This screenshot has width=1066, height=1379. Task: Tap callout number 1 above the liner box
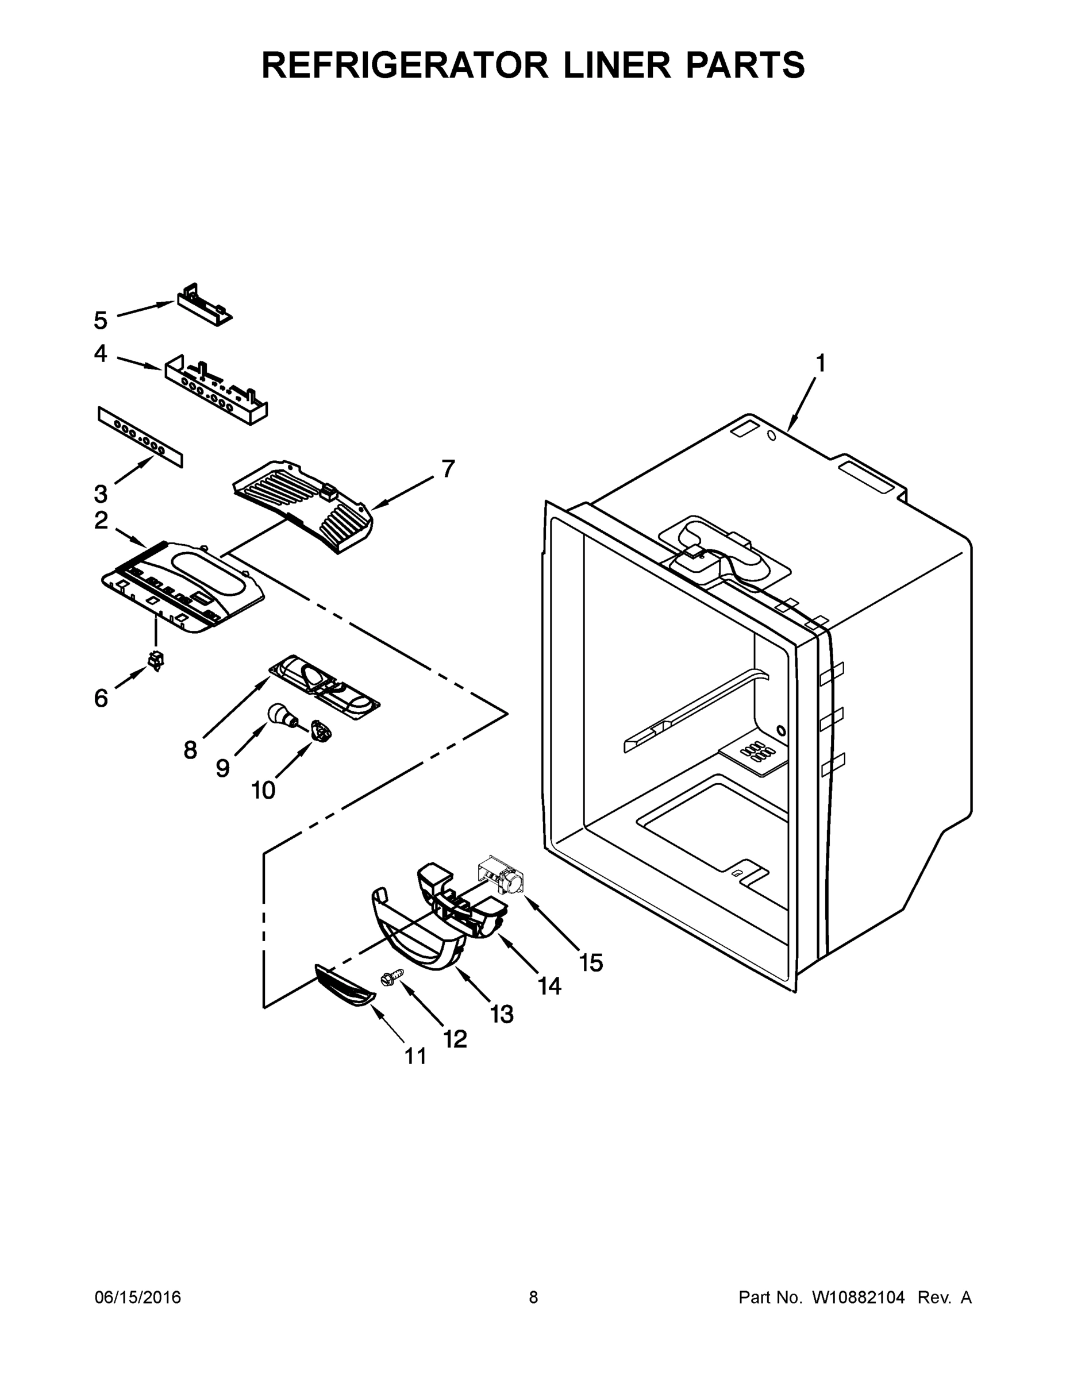[x=819, y=364]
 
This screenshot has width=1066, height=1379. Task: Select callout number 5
[x=101, y=321]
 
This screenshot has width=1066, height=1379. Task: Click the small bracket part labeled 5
[x=203, y=305]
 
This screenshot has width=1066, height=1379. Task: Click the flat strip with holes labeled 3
[x=140, y=437]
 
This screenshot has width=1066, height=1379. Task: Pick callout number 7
[x=448, y=469]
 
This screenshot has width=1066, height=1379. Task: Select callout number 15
[x=591, y=963]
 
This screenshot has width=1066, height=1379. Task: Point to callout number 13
[x=502, y=1014]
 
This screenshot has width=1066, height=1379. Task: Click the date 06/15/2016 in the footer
[x=138, y=1297]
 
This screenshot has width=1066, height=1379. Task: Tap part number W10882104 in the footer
[x=857, y=1297]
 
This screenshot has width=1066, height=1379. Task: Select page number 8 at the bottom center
[x=533, y=1297]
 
